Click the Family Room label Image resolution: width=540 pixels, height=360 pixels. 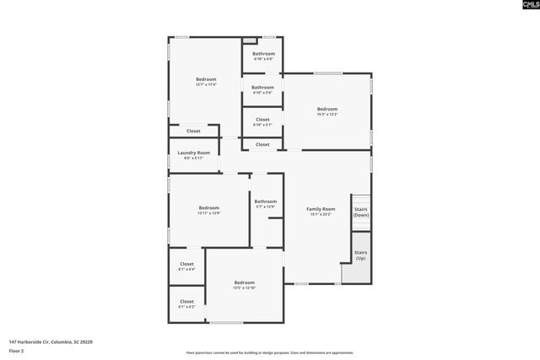tap(321, 208)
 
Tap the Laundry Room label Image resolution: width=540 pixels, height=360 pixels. tap(193, 153)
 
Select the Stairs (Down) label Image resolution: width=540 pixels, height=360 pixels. tap(360, 212)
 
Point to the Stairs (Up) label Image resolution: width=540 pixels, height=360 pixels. tap(360, 254)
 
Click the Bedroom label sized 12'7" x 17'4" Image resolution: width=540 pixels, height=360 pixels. tap(206, 79)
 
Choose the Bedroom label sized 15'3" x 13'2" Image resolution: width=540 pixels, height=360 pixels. tap(327, 109)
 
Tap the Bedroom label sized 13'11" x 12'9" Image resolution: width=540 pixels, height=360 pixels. tap(209, 207)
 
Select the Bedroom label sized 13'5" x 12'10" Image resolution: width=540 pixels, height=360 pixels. tap(245, 282)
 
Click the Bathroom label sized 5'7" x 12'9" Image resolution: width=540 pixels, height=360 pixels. tap(266, 201)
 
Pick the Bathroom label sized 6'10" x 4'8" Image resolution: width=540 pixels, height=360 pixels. tap(263, 54)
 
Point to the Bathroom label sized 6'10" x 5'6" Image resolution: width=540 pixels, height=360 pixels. tap(263, 87)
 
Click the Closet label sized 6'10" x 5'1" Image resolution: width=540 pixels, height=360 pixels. tap(262, 120)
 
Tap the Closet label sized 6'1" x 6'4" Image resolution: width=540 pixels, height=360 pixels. tap(186, 264)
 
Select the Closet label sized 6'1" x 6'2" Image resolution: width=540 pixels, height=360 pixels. tap(186, 301)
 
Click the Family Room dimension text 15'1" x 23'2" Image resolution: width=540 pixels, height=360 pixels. tap(321, 214)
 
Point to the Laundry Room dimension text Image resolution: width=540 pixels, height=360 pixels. tap(193, 159)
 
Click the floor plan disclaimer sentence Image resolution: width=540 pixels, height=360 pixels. tap(270, 353)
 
